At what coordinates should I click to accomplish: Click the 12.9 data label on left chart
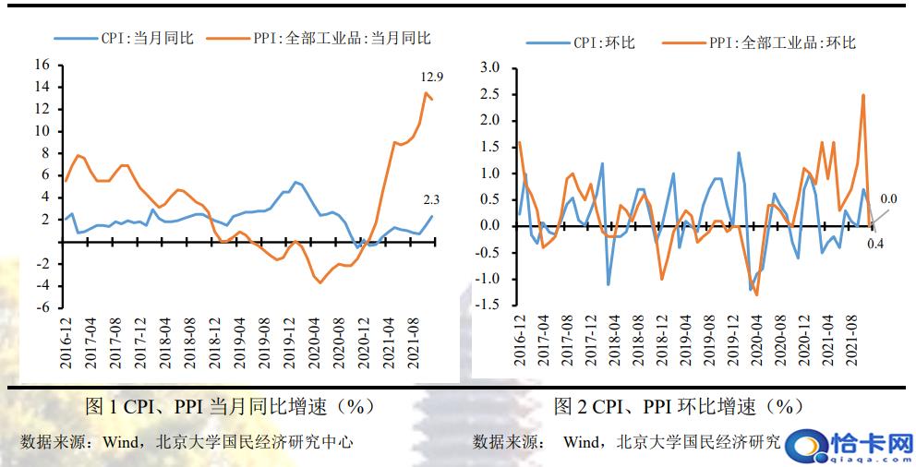pos(431,76)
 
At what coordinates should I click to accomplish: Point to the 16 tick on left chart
pos(42,65)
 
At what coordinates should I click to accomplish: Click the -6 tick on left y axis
pos(42,307)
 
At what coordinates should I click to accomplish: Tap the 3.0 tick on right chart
pos(489,68)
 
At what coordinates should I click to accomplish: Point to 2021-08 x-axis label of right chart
pos(851,341)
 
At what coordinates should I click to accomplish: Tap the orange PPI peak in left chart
pos(426,92)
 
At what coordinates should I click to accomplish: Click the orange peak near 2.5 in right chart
pos(863,95)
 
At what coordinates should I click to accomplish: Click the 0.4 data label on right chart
pos(875,245)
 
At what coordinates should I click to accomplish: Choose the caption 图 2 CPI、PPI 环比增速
pos(679,406)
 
